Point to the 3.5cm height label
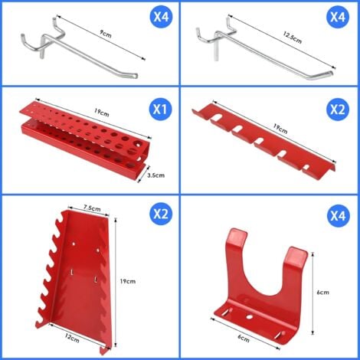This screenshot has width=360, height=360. click(x=155, y=175)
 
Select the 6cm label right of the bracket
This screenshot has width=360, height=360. click(x=322, y=292)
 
